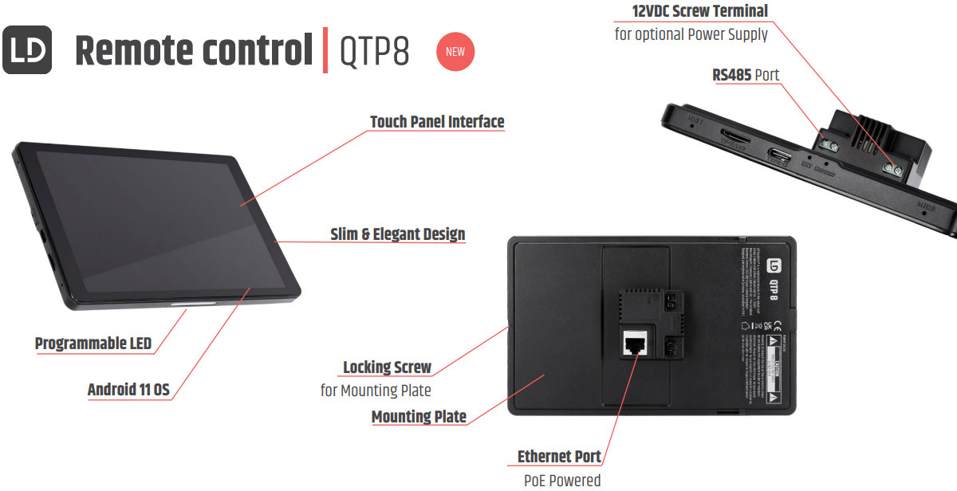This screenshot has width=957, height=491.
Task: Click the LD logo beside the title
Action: coord(27,49)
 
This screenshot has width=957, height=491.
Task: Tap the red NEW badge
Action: coord(455,52)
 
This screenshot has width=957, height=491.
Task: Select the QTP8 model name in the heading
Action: coord(375,51)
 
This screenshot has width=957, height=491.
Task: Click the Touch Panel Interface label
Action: coord(437,122)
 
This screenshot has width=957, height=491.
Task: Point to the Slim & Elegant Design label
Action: coord(398,234)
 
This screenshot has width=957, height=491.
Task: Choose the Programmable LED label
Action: coord(93,344)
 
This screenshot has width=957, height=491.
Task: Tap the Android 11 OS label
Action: coord(128,391)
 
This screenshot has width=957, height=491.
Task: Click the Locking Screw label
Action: coord(387,367)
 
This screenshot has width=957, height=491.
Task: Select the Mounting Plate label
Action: coord(419,416)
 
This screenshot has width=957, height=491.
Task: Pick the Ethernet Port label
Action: coord(559,457)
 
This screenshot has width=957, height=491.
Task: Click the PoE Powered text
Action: coord(562,480)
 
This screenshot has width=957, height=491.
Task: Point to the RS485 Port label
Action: coord(746,75)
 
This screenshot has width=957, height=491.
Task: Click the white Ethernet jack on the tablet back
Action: coord(635,345)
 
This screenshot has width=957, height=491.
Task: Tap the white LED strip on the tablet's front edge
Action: coord(192,304)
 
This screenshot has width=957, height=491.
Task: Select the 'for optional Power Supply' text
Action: coord(691,34)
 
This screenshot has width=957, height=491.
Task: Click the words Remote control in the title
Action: coord(194,51)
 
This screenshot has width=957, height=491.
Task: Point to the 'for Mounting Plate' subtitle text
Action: coord(375,391)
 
